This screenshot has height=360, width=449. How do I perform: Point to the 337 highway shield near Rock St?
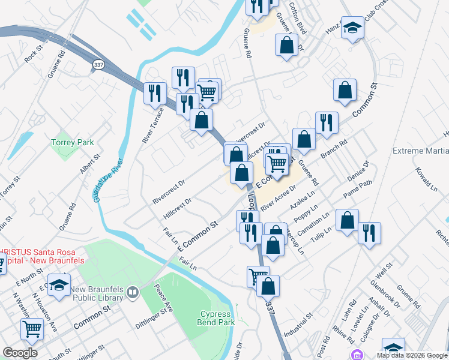tap(99, 64)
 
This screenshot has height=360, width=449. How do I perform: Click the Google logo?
tap(20, 353)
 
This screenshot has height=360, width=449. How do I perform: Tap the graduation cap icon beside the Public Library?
tap(59, 285)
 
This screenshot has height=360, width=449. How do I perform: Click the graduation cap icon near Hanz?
tap(352, 28)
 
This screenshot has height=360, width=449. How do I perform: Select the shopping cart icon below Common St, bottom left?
tap(32, 328)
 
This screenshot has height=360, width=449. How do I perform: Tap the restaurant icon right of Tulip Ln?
tap(369, 232)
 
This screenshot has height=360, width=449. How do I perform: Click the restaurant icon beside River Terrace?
tap(155, 93)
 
